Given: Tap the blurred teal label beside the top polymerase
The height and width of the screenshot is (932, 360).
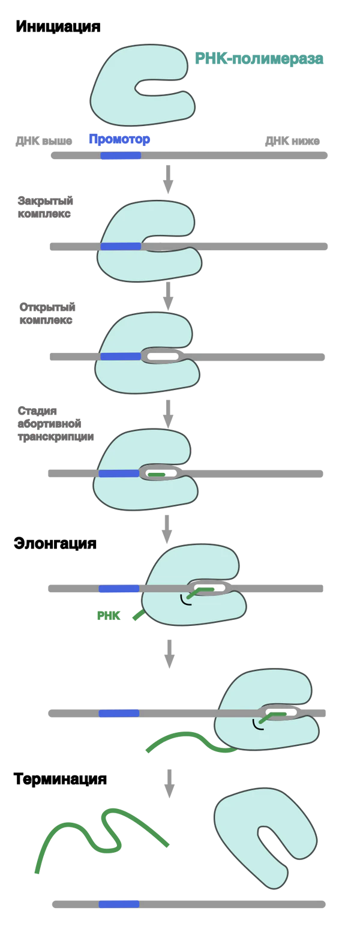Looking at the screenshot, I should pyautogui.click(x=259, y=59).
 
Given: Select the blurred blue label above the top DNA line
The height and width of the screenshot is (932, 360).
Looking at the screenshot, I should pyautogui.click(x=119, y=139).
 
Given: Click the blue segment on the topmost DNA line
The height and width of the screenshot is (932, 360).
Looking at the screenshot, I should pyautogui.click(x=120, y=157).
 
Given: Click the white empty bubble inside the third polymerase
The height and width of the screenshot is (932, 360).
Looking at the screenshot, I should pyautogui.click(x=163, y=356).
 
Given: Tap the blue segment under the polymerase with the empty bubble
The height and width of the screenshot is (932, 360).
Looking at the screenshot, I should pyautogui.click(x=120, y=356).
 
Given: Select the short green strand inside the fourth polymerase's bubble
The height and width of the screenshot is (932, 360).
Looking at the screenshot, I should pyautogui.click(x=157, y=475).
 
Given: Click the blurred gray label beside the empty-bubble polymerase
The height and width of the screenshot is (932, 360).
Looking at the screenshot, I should pyautogui.click(x=46, y=312).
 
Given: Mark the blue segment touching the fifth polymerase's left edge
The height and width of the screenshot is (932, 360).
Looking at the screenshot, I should pyautogui.click(x=119, y=589).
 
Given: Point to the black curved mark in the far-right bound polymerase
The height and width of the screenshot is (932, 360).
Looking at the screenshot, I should pyautogui.click(x=257, y=726).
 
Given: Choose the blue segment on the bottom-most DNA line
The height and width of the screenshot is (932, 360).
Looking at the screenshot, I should pyautogui.click(x=119, y=903).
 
